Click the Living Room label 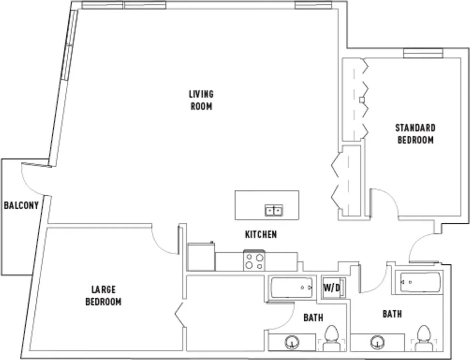[x=201, y=100]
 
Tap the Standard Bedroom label [x=415, y=134]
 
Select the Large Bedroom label [x=103, y=296]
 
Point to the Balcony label [x=21, y=205]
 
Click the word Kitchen [x=261, y=234]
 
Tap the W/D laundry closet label [x=332, y=288]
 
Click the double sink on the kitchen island [x=274, y=210]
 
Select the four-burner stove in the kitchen [x=254, y=260]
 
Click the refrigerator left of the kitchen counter [x=201, y=257]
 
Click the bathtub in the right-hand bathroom [x=420, y=282]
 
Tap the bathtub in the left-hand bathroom [x=292, y=288]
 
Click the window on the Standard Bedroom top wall [x=423, y=53]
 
